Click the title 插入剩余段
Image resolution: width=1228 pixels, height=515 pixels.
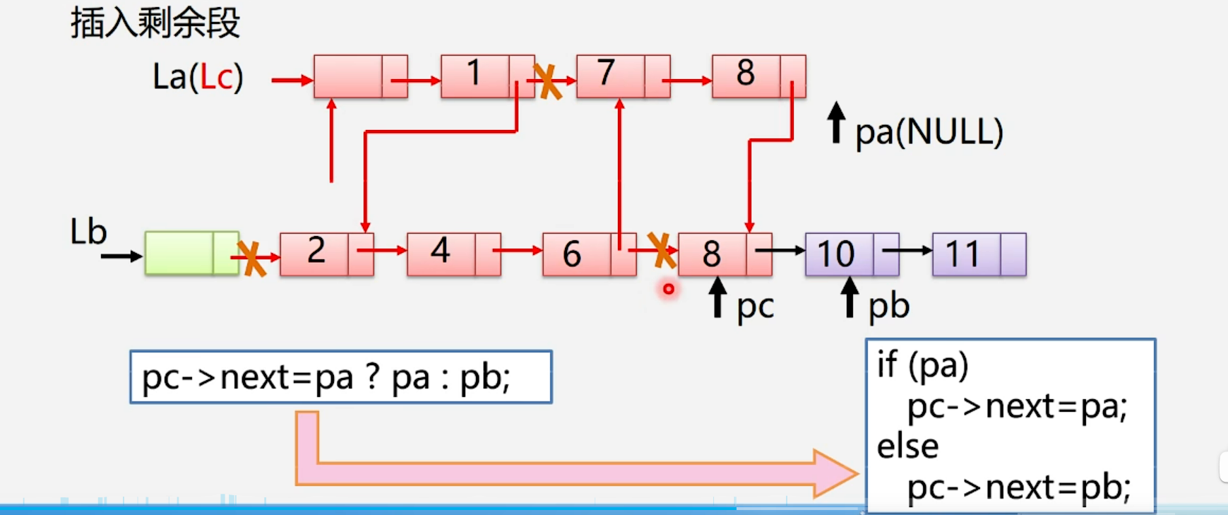tap(155, 23)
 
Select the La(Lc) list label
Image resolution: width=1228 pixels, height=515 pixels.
tap(198, 77)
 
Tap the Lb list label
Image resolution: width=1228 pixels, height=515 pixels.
tap(88, 232)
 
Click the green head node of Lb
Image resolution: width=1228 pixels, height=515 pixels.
tap(191, 253)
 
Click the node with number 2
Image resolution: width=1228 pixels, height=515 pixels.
tap(326, 254)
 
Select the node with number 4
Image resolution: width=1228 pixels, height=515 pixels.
tap(453, 254)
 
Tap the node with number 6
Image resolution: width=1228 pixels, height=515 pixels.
tap(589, 254)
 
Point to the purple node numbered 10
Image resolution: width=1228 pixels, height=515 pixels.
tap(852, 254)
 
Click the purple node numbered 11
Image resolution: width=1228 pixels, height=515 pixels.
tap(979, 254)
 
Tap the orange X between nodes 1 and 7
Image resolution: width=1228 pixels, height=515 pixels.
tap(547, 81)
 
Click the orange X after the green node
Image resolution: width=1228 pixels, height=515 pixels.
tap(251, 259)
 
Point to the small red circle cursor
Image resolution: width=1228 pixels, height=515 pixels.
tap(668, 288)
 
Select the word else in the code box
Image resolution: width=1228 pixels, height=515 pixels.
tap(907, 446)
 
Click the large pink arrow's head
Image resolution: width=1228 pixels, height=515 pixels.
tap(837, 473)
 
